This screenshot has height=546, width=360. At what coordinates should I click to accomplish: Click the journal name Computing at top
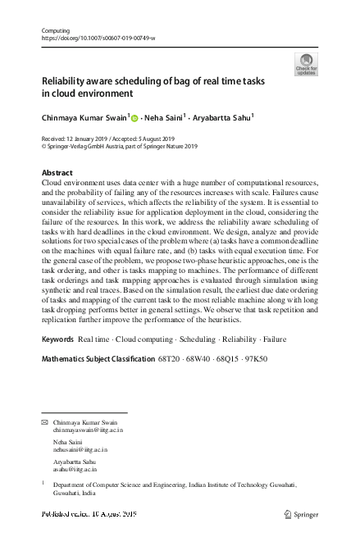55,30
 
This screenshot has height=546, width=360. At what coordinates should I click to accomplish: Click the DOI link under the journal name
98,39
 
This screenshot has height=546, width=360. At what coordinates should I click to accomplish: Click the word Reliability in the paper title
68,82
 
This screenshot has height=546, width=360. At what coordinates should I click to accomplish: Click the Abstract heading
57,173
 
